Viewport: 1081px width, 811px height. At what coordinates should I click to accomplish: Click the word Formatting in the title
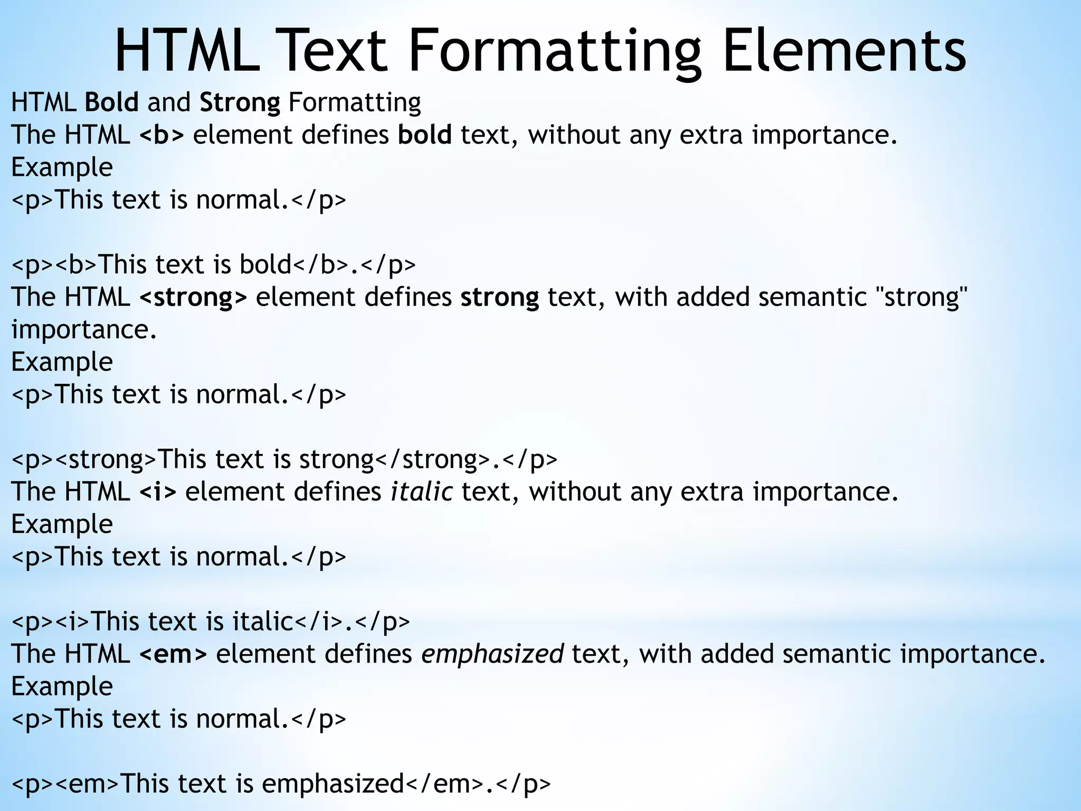pyautogui.click(x=555, y=52)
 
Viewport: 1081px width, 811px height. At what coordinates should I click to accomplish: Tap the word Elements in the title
pyautogui.click(x=844, y=52)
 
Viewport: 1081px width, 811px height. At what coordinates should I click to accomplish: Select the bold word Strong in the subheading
pyautogui.click(x=240, y=102)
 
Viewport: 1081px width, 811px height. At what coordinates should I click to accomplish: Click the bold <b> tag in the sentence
pyautogui.click(x=162, y=135)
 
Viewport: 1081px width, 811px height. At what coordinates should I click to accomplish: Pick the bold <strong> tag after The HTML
pyautogui.click(x=193, y=297)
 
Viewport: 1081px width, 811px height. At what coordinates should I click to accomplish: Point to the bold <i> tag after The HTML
pyautogui.click(x=158, y=492)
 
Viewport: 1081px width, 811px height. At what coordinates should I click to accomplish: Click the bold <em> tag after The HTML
pyautogui.click(x=173, y=654)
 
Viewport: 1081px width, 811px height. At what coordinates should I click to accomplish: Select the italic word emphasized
pyautogui.click(x=492, y=654)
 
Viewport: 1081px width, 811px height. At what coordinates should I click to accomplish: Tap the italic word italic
pyautogui.click(x=421, y=492)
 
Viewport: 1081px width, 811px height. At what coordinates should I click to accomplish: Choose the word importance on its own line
pyautogui.click(x=83, y=329)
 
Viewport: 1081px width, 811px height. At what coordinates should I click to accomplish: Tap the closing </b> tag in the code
pyautogui.click(x=320, y=264)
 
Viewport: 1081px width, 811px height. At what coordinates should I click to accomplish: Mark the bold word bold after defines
pyautogui.click(x=424, y=135)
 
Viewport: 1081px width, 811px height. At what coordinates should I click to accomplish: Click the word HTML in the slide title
pyautogui.click(x=187, y=52)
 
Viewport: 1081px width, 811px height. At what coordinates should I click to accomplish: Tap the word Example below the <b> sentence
pyautogui.click(x=62, y=167)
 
